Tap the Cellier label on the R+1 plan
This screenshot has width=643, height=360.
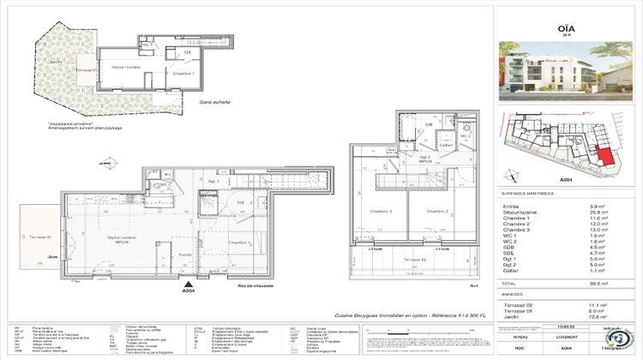click(444, 146)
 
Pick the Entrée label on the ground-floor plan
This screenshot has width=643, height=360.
click(185, 255)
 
